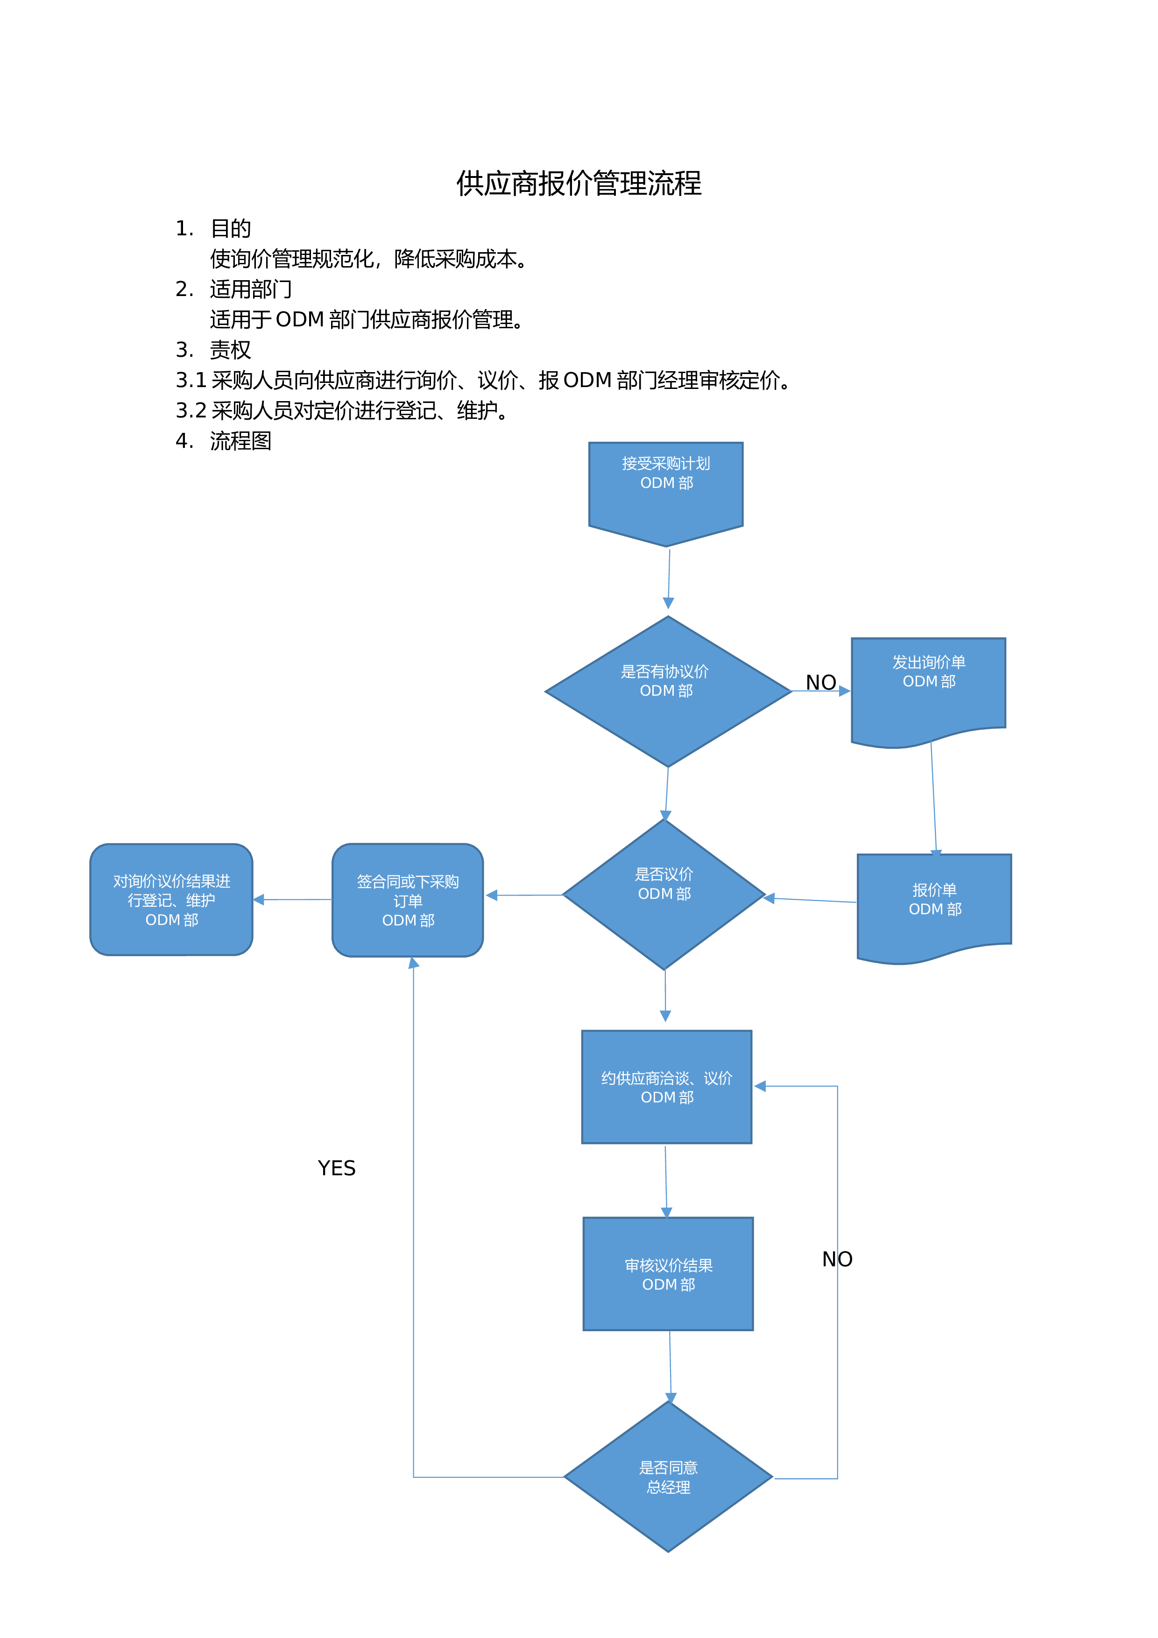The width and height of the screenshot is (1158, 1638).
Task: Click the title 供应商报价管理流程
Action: point(579,184)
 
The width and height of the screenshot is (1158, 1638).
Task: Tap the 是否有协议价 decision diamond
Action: point(668,692)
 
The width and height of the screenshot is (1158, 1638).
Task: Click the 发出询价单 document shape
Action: point(928,692)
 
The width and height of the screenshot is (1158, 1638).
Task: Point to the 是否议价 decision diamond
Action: point(664,895)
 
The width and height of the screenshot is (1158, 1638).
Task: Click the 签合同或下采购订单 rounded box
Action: point(408,900)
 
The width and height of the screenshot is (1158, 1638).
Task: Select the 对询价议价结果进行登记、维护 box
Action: point(171,900)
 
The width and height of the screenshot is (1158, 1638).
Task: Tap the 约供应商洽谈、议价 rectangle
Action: point(666,1087)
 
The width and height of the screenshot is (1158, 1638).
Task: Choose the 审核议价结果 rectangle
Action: point(668,1273)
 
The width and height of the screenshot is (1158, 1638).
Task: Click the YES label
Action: point(337,1168)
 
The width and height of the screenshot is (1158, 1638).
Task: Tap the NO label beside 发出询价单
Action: point(820,683)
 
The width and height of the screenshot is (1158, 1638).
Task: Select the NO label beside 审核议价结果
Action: point(837,1259)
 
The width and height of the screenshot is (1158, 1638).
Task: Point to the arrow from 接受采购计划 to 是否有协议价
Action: point(669,579)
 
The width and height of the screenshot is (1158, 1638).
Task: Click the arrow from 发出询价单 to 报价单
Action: point(934,798)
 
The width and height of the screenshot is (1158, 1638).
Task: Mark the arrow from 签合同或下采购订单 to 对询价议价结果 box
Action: point(292,900)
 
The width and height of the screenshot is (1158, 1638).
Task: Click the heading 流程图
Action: point(240,441)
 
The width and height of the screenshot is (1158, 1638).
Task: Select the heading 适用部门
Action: point(250,289)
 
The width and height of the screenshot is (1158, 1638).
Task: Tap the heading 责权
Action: point(231,350)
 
